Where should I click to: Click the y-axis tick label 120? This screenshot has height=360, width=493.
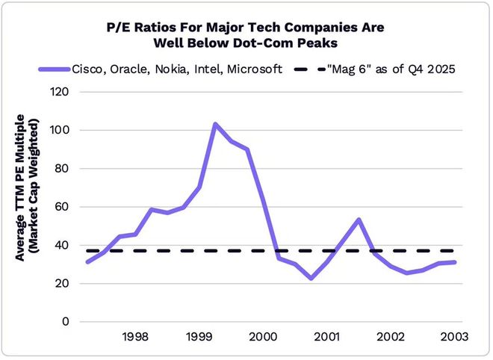[x=60, y=92]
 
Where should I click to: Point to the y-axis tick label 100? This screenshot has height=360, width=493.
[x=60, y=130]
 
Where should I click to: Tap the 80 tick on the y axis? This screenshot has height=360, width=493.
[x=63, y=168]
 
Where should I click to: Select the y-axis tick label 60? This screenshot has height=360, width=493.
[x=63, y=207]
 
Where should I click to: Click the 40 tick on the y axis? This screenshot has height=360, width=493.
[x=63, y=245]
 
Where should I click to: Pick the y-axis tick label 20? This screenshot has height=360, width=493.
[x=63, y=283]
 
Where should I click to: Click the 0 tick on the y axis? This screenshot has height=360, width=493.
[x=66, y=322]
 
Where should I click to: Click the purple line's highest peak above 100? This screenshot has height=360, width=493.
[x=215, y=124]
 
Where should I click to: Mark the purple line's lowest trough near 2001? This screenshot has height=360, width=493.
[x=311, y=278]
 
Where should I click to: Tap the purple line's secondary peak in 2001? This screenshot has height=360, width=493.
[x=359, y=220]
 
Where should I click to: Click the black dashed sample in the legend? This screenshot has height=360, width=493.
[x=305, y=69]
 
